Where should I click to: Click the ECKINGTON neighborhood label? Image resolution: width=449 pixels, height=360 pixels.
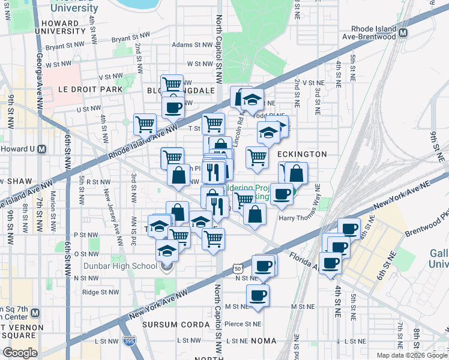click(303, 154)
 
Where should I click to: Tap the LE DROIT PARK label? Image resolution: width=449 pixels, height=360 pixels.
click(90, 89)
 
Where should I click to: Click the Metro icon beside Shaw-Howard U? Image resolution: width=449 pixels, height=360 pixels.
click(41, 149)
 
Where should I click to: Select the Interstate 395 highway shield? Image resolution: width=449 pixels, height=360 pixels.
click(128, 341)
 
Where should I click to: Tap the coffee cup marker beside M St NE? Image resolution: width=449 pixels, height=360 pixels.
click(258, 295)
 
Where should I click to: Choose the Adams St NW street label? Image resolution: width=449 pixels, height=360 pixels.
click(192, 44)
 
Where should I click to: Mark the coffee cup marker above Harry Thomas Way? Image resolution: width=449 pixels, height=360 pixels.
click(282, 194)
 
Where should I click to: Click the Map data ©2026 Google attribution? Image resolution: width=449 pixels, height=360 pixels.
click(411, 355)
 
